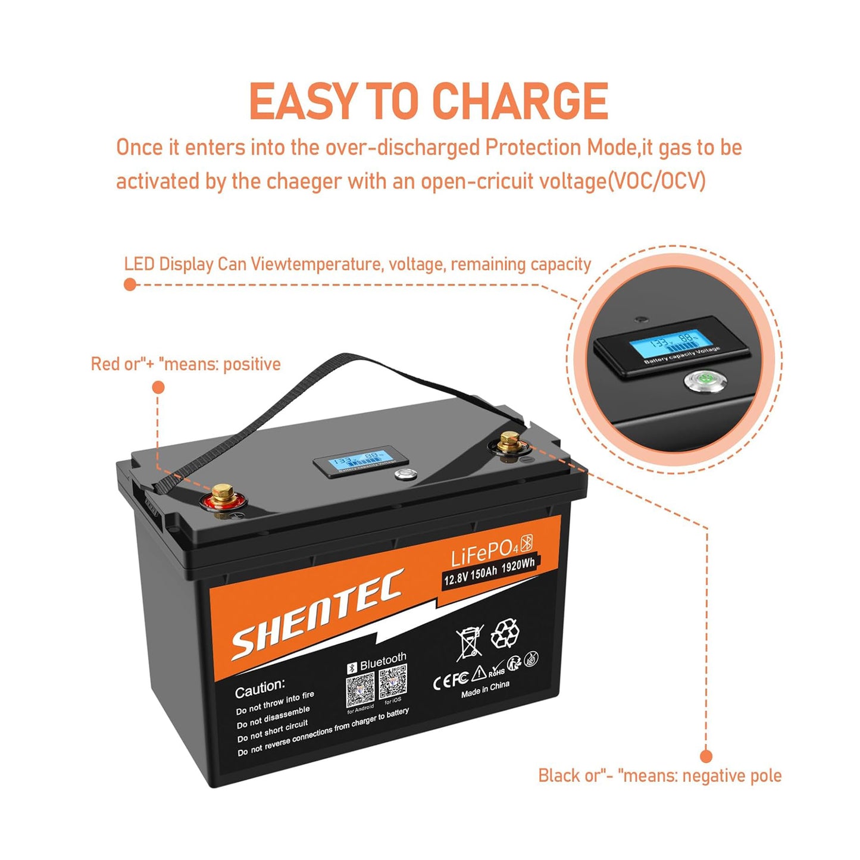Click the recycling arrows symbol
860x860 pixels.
(505, 633)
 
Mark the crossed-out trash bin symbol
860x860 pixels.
(470, 642)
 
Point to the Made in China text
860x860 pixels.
(485, 689)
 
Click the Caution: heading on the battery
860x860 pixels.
(260, 689)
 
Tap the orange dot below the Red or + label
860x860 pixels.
(158, 387)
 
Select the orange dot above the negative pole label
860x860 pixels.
(706, 756)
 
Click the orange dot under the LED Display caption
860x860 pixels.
(130, 284)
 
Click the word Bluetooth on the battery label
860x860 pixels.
(383, 662)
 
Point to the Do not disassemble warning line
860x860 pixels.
(273, 717)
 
